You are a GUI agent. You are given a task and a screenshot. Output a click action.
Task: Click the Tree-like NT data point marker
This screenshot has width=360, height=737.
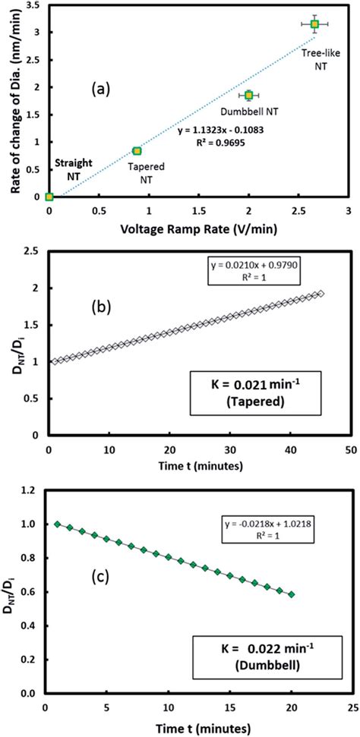point(314,24)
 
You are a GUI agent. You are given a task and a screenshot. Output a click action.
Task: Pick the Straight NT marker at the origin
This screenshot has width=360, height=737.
point(49,197)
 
